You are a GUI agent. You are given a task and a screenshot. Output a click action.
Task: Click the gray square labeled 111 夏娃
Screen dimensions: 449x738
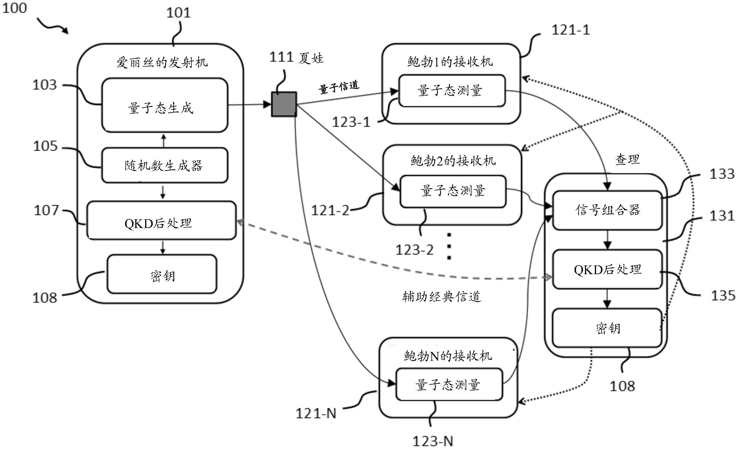(284, 104)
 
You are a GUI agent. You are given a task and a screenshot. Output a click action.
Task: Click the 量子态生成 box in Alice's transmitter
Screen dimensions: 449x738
(164, 105)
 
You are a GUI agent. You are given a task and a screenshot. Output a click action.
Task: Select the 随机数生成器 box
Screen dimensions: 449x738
(164, 165)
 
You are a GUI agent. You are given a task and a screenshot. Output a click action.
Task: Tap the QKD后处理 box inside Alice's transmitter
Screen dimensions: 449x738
(161, 220)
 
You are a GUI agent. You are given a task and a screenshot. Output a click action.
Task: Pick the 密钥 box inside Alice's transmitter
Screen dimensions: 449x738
(162, 274)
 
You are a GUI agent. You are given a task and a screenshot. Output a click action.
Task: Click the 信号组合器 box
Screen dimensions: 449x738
(607, 210)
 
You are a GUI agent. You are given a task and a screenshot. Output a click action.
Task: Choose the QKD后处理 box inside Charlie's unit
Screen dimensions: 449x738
(607, 269)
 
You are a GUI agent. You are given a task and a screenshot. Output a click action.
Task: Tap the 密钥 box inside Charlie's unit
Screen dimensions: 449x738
(607, 328)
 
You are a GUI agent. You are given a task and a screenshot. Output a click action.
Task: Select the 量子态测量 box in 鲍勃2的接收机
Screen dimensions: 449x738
(453, 191)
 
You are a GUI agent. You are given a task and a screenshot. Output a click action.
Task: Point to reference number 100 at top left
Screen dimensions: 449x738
(15, 8)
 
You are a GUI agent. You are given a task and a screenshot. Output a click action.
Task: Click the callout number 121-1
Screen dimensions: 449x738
(570, 30)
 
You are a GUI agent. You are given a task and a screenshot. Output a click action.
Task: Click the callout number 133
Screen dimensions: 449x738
(721, 174)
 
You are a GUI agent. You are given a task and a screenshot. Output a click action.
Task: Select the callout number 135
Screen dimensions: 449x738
(723, 296)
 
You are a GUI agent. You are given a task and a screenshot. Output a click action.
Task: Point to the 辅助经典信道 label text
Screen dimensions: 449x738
(442, 297)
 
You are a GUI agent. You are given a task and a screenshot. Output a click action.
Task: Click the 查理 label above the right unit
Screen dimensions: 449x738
(627, 159)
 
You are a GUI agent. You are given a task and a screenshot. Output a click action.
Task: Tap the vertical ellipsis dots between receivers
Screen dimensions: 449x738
(449, 246)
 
